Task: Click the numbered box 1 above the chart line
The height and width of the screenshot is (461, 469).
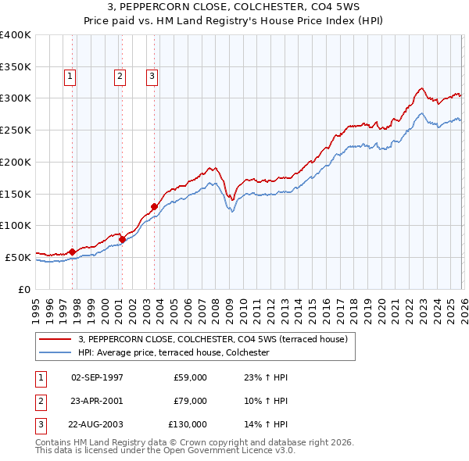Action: click(x=70, y=77)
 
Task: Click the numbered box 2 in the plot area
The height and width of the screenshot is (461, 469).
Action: click(x=120, y=77)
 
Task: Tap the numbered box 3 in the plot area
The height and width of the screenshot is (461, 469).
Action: click(x=152, y=77)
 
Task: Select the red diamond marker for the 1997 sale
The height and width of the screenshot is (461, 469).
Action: click(x=73, y=252)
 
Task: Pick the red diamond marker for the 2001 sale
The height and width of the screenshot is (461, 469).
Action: click(x=123, y=239)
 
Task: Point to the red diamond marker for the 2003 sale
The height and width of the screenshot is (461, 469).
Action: click(x=155, y=206)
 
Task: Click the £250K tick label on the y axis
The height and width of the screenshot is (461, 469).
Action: click(x=16, y=130)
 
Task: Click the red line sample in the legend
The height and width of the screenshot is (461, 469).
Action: click(x=55, y=339)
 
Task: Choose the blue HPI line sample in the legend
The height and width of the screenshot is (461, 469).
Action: click(x=55, y=353)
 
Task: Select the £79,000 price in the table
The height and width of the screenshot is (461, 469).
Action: click(x=190, y=401)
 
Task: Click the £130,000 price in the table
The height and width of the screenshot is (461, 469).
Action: click(x=188, y=425)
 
